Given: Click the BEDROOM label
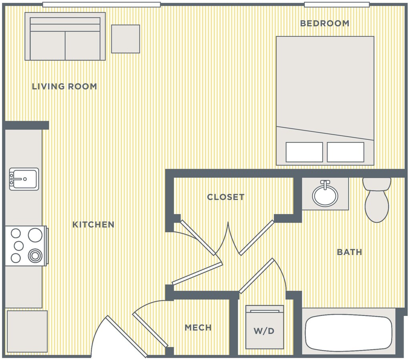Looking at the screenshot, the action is coord(324,23).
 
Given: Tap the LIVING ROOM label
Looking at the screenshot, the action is coord(64,86).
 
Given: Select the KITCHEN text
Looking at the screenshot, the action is coord(93,225).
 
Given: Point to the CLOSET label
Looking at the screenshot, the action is coord(226,197).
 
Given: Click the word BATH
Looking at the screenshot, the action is coord(349,252).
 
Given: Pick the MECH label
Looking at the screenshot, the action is coord(198,327).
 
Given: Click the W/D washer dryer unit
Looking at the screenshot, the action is coord(264,327).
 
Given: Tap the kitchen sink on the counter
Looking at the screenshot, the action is coord(24,179).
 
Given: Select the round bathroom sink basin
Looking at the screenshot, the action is coord(325,195).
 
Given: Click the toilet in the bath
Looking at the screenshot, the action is coord(377,200).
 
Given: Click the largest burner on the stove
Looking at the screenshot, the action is coord(35,235).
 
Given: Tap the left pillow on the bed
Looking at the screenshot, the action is coord(304,152).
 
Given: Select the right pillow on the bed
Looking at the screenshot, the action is coord(346,152).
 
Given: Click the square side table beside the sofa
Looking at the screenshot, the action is coord(125,39).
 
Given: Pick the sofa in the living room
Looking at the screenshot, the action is coord(65,36).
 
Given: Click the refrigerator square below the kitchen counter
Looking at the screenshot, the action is coord(27,332).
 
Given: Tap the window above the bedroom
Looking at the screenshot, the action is coord(337,5).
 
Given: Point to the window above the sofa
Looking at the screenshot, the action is coord(101,5).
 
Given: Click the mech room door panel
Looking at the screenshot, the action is coord(150,330).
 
